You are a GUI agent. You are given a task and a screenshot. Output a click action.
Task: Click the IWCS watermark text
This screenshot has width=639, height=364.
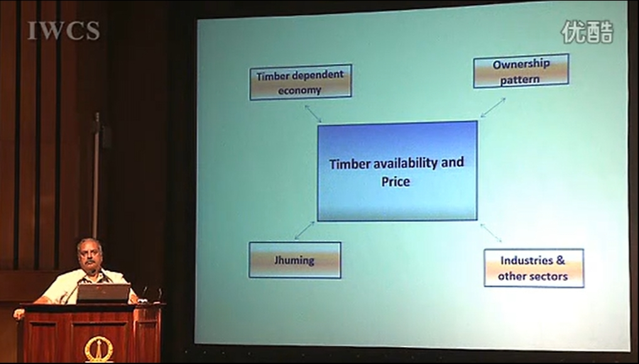coord(63,31)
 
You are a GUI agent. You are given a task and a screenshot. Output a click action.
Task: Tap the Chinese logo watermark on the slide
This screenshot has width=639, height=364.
coord(587,32)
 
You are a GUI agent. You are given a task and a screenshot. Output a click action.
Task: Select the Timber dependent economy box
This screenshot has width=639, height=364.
coord(300,82)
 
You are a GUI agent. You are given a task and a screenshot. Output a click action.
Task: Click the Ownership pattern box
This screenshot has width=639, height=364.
coord(521,71)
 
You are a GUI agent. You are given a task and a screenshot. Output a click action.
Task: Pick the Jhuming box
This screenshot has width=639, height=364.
coord(295,260)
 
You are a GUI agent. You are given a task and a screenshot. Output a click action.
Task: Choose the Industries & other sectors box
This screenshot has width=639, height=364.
coord(533,268)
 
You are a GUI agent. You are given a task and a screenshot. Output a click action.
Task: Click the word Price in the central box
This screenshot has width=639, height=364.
coord(395,182)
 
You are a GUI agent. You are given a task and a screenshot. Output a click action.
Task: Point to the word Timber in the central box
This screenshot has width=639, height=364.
coord(349,164)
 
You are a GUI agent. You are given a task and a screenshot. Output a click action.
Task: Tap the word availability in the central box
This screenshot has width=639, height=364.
coord(406,163)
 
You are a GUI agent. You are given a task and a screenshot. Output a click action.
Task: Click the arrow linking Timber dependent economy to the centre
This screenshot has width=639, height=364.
coord(313,114)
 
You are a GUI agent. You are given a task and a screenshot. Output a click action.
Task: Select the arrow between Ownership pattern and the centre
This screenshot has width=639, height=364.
coord(493,108)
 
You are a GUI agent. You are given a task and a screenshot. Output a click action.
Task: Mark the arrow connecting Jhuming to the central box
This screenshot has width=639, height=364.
coord(305,231)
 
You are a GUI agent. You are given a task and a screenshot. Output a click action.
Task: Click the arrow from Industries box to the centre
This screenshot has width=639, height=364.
coord(491,233)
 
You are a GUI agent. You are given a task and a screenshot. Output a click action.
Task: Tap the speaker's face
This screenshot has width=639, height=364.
coord(90,256)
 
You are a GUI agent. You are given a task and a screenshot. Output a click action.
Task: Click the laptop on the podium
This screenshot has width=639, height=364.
coord(104,293)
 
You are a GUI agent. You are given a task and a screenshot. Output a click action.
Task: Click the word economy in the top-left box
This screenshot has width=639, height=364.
coord(300,91)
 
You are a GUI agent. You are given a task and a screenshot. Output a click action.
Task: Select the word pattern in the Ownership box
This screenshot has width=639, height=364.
coord(520,79)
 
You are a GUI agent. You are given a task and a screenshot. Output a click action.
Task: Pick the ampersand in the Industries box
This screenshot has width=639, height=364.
coord(560,260)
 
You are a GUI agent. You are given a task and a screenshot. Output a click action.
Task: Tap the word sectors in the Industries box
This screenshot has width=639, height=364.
coord(549,277)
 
